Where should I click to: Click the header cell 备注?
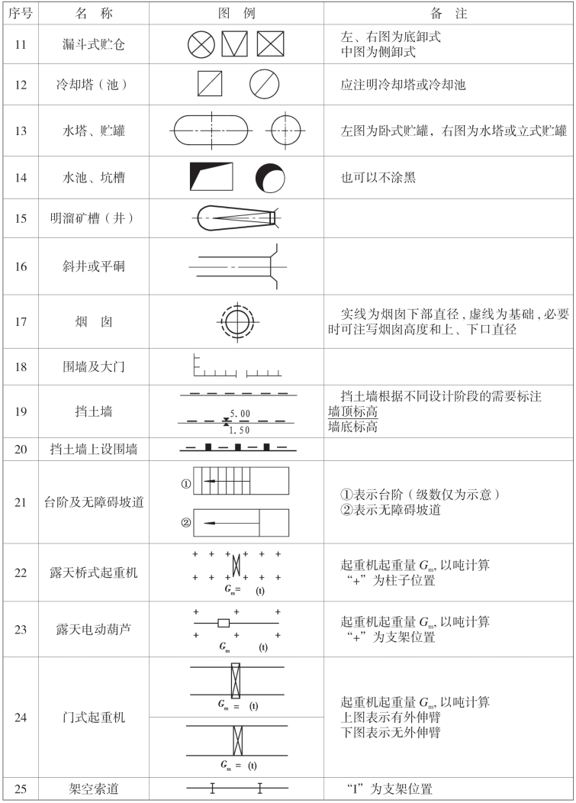449,14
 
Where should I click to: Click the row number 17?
21,322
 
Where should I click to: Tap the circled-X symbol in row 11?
201,45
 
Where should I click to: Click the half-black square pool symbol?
211,176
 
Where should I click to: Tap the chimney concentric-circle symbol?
236,322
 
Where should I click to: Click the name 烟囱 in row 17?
94,322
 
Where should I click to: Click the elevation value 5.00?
240,413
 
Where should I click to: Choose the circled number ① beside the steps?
185,483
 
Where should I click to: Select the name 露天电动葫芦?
94,629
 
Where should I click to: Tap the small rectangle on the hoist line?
224,623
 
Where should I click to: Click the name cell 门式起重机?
94,718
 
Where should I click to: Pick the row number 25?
21,788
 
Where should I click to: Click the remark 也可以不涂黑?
378,177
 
